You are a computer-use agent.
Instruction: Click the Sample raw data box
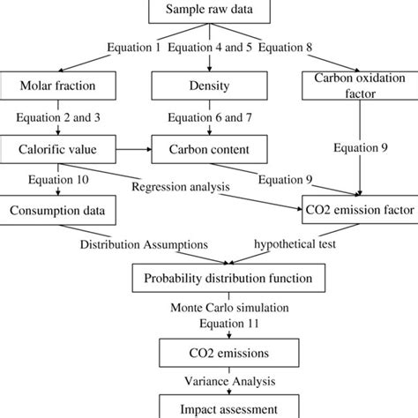point(208,11)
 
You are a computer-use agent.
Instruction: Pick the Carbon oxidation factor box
point(357,85)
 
